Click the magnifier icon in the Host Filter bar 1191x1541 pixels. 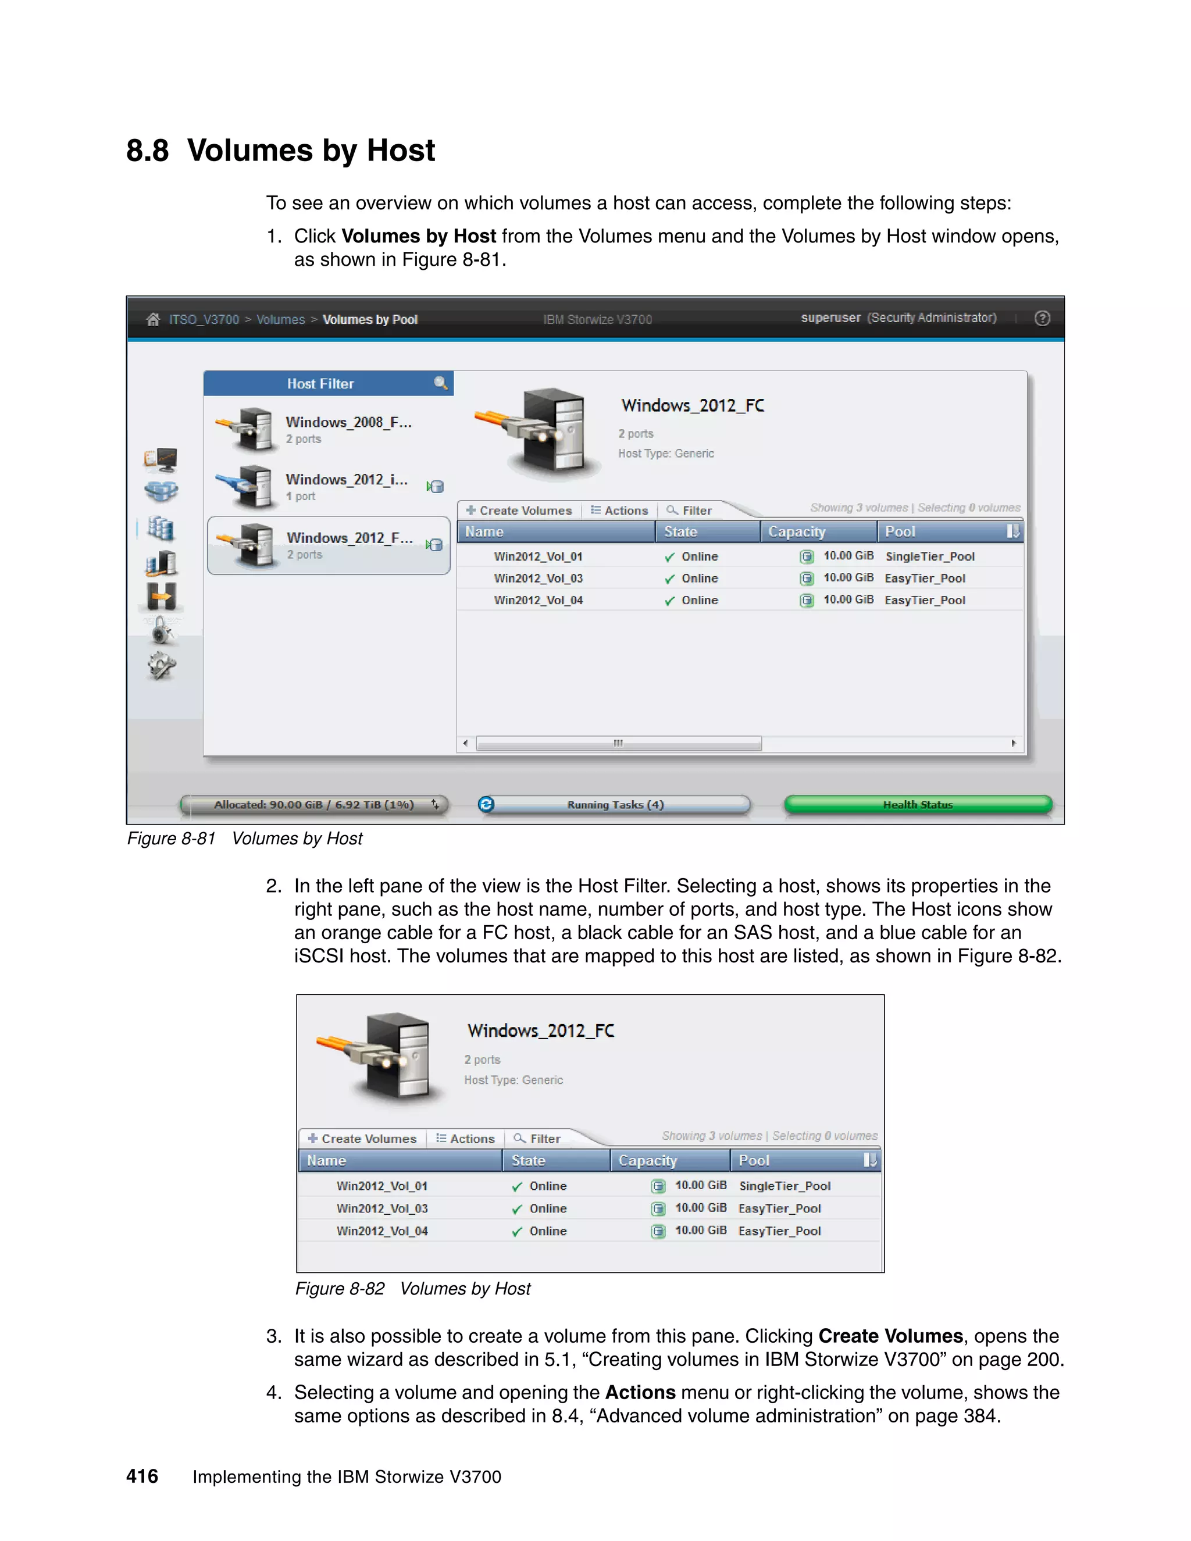click(440, 383)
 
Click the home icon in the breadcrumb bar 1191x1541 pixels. click(152, 320)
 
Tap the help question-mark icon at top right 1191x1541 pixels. click(1042, 318)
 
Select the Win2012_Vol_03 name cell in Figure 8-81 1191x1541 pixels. click(539, 579)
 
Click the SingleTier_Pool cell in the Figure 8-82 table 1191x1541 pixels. click(785, 1186)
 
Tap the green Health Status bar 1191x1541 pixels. click(917, 804)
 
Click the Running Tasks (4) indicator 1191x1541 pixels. click(615, 804)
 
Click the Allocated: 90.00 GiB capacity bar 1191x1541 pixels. click(314, 804)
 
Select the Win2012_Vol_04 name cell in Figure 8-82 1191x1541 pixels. click(381, 1231)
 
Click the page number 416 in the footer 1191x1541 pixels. click(142, 1476)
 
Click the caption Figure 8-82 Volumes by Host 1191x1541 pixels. click(413, 1289)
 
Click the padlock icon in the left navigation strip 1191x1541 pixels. click(162, 630)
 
